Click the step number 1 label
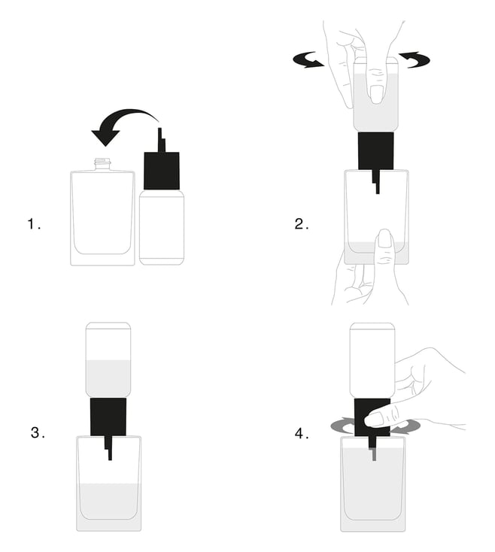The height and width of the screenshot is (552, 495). click(34, 224)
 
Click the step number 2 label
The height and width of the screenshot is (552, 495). click(302, 224)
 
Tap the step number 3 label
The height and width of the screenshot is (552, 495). click(38, 432)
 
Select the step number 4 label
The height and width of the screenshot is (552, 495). click(302, 433)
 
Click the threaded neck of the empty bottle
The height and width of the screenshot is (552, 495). click(102, 164)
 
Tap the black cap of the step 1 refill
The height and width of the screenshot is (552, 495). click(162, 171)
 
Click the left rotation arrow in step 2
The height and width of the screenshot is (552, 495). click(308, 60)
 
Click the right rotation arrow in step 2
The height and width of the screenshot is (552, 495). click(415, 59)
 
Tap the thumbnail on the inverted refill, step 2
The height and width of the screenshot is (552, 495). click(376, 94)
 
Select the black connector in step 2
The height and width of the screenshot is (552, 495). click(375, 151)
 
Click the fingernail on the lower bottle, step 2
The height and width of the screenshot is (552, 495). click(384, 238)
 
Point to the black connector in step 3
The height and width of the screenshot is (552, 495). click(108, 417)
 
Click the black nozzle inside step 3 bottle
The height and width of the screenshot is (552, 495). click(108, 448)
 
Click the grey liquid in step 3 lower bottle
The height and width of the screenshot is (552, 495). click(109, 507)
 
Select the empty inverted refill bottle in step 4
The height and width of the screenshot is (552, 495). click(372, 361)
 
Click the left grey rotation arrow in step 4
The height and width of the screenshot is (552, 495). click(342, 426)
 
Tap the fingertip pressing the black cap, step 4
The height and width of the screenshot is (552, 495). click(373, 420)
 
